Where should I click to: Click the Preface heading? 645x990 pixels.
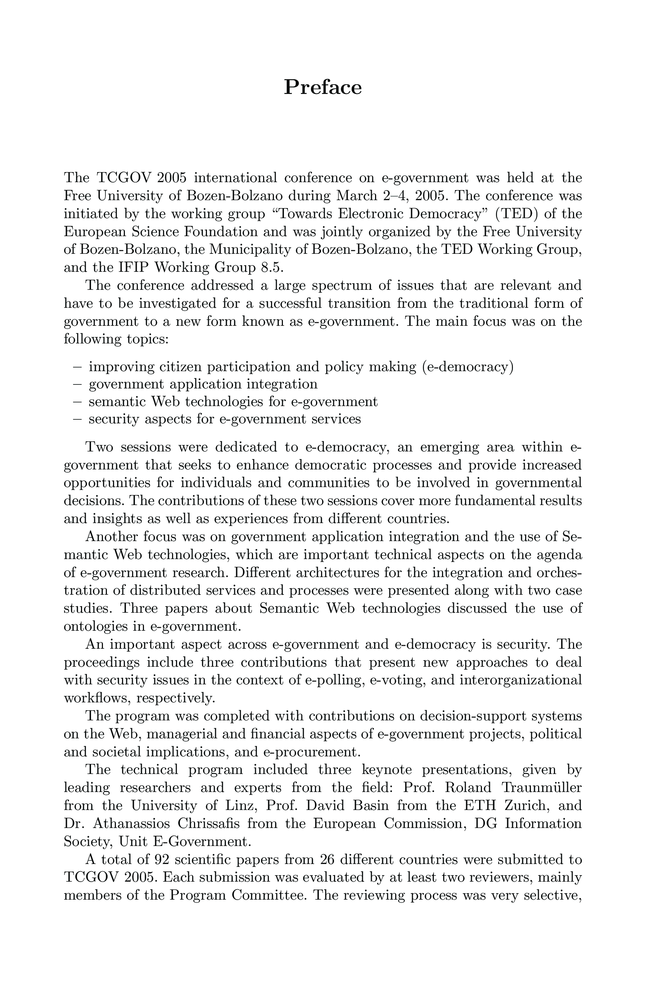click(323, 87)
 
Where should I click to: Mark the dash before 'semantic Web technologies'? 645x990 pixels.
click(77, 402)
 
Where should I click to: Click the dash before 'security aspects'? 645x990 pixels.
click(77, 419)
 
